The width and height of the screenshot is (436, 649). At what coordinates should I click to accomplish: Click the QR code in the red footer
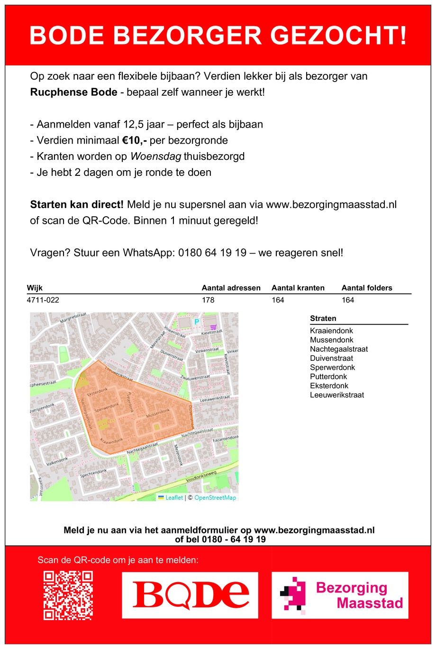click(x=68, y=595)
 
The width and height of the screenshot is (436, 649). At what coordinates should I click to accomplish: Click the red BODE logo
click(x=191, y=595)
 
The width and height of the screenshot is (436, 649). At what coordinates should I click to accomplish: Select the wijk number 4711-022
click(x=43, y=300)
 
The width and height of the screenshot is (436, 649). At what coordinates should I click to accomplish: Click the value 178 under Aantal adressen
click(x=208, y=300)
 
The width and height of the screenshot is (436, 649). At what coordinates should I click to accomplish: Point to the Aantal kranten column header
click(x=298, y=288)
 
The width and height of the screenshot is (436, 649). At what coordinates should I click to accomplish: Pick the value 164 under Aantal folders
click(x=348, y=300)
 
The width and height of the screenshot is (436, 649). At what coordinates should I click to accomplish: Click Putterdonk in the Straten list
click(x=328, y=376)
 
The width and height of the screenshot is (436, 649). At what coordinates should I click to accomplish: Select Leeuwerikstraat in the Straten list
click(x=337, y=395)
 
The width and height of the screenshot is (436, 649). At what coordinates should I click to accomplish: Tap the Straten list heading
click(x=323, y=319)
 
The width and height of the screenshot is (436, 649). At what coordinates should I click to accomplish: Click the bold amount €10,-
click(x=135, y=140)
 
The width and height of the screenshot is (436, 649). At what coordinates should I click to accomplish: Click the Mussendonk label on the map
click(x=157, y=414)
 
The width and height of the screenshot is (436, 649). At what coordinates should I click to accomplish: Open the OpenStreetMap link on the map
click(x=215, y=498)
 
